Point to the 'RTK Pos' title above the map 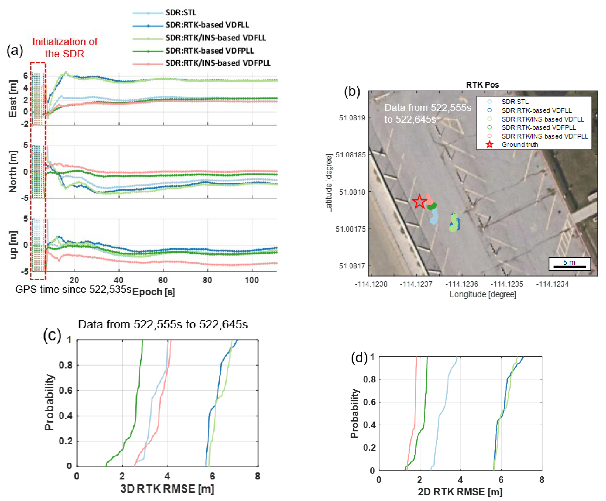tap(482, 85)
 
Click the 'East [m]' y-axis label tap(13, 99)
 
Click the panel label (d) tap(359, 358)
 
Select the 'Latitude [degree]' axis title tap(329, 184)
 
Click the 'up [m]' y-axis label tap(13, 245)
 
